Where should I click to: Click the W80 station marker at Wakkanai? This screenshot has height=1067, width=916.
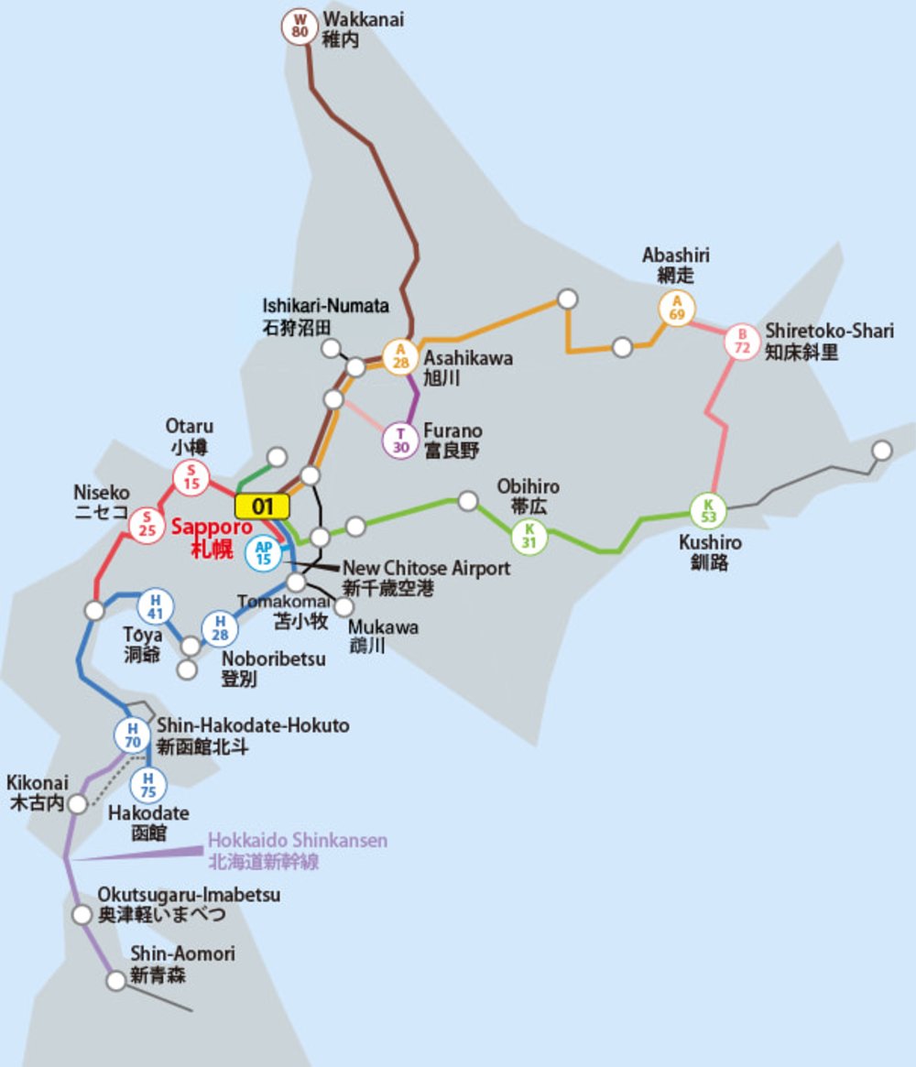pyautogui.click(x=300, y=26)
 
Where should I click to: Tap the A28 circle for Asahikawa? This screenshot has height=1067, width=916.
pyautogui.click(x=400, y=355)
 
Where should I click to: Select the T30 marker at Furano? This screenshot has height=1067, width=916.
pyautogui.click(x=400, y=441)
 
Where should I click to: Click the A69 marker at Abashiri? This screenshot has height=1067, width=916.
pyautogui.click(x=677, y=309)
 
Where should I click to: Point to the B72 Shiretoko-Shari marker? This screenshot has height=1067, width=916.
pyautogui.click(x=742, y=342)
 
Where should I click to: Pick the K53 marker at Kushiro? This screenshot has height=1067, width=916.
pyautogui.click(x=708, y=511)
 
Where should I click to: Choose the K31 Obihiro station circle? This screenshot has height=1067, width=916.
pyautogui.click(x=529, y=536)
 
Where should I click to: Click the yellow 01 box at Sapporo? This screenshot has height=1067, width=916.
pyautogui.click(x=262, y=506)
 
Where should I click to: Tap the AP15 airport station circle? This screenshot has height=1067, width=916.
pyautogui.click(x=264, y=552)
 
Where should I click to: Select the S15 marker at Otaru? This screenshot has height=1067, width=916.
pyautogui.click(x=191, y=477)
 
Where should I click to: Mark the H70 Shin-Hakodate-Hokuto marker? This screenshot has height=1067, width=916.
pyautogui.click(x=133, y=735)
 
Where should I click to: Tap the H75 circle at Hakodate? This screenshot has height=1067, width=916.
pyautogui.click(x=147, y=785)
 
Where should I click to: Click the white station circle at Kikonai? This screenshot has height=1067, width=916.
pyautogui.click(x=78, y=804)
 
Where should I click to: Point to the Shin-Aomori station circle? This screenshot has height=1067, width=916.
pyautogui.click(x=116, y=981)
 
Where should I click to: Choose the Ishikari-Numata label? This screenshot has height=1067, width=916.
pyautogui.click(x=325, y=315)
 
